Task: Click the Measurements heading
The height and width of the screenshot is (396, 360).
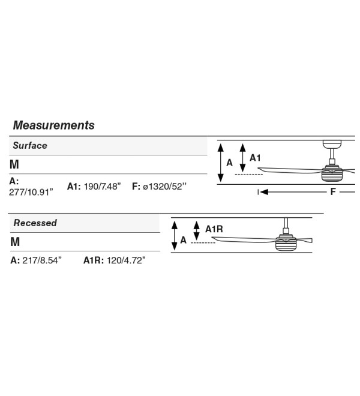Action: click(53, 125)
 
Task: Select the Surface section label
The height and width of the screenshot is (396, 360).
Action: click(30, 145)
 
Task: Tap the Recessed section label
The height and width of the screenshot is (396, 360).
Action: click(35, 223)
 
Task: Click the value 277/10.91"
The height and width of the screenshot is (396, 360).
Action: click(31, 192)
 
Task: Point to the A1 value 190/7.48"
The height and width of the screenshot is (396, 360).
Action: click(103, 187)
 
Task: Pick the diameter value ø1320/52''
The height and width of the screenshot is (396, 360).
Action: click(165, 187)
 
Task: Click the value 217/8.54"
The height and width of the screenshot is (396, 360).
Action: click(42, 260)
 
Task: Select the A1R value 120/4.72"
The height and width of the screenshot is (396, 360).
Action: click(126, 260)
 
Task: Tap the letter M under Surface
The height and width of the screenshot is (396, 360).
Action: click(14, 164)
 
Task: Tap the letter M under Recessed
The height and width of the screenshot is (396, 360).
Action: click(15, 242)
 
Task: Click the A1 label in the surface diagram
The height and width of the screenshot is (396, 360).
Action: click(255, 158)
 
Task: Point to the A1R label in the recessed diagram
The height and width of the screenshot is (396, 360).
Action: click(214, 229)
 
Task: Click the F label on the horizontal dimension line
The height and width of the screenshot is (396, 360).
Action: click(333, 191)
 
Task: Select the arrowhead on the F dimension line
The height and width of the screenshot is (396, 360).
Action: click(264, 192)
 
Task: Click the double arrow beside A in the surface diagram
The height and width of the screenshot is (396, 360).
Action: click(221, 163)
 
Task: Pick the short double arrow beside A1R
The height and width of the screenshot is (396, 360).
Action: click(196, 231)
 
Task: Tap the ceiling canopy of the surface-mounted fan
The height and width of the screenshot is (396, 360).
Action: click(332, 145)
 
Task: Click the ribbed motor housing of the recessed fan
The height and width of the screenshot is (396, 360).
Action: click(286, 244)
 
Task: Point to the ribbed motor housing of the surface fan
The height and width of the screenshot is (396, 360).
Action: click(332, 175)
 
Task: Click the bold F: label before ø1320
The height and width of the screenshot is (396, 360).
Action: click(136, 187)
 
